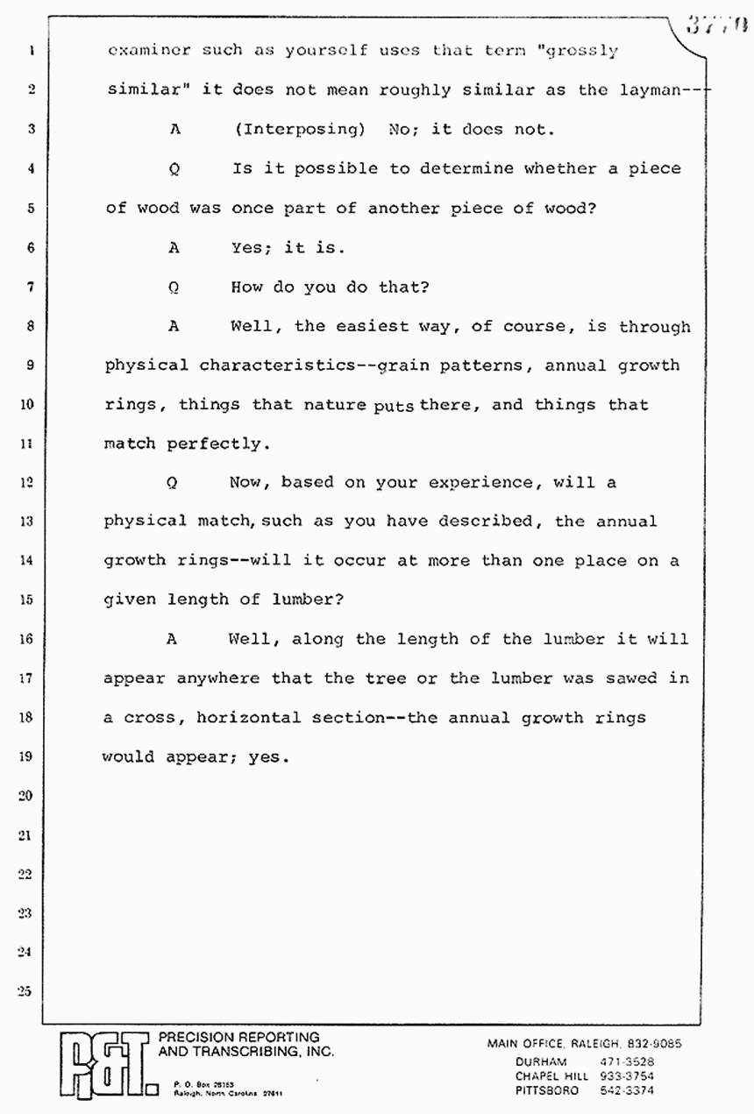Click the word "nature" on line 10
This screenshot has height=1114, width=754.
pyautogui.click(x=335, y=405)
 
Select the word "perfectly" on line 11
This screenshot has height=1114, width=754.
pyautogui.click(x=213, y=443)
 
